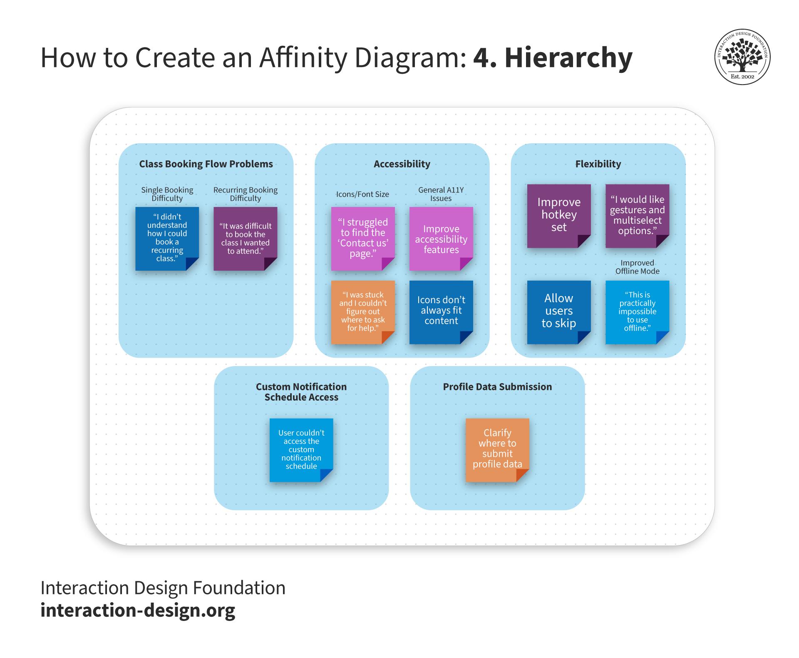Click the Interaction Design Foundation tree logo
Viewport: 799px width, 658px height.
(742, 56)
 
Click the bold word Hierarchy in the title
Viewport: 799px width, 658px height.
(568, 57)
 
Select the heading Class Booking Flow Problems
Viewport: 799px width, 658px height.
(206, 164)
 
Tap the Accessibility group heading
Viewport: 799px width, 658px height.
(402, 164)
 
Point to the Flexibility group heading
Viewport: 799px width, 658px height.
(598, 164)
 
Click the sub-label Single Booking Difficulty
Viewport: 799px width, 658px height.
(167, 194)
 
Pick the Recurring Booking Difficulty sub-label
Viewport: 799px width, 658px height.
(245, 194)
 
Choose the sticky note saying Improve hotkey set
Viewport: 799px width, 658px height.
(558, 215)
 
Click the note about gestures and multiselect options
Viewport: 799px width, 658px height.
(637, 215)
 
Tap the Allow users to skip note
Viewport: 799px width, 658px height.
(558, 312)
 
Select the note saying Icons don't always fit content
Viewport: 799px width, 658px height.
(441, 312)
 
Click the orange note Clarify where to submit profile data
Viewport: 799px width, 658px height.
(497, 449)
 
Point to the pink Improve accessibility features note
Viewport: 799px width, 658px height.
(441, 239)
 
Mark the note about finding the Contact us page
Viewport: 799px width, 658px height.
(362, 239)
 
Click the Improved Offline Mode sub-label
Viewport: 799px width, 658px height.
(637, 267)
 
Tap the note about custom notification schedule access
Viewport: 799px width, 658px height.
(301, 449)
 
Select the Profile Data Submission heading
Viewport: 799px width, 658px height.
(497, 387)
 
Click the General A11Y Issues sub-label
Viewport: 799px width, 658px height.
(441, 194)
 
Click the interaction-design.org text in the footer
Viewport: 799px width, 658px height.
(138, 610)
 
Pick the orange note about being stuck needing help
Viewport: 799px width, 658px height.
(362, 312)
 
